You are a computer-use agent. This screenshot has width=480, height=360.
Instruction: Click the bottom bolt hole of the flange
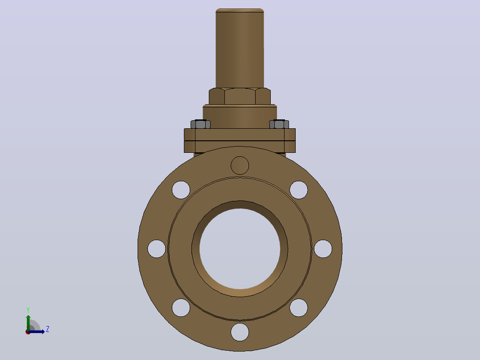(x=240, y=332)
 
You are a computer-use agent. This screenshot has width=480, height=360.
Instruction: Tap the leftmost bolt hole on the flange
(x=156, y=249)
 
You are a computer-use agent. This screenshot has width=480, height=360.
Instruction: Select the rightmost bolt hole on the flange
(x=323, y=249)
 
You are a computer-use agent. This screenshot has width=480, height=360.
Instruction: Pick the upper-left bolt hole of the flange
(x=181, y=190)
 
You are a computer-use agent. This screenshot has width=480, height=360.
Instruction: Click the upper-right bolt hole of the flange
(x=298, y=190)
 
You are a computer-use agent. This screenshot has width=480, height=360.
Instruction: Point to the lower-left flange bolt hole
(x=181, y=307)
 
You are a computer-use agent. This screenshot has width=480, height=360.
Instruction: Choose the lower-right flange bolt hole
(x=298, y=307)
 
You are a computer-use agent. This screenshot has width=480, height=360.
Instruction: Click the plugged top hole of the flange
(x=240, y=165)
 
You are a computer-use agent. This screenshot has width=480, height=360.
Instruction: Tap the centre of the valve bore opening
(x=240, y=249)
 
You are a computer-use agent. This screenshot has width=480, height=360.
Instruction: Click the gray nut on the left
(x=200, y=124)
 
